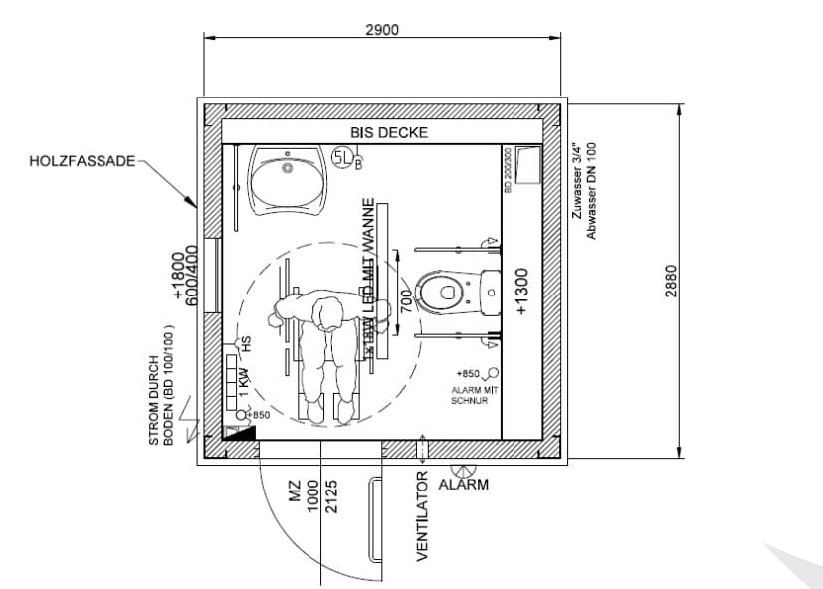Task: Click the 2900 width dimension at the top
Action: click(x=382, y=29)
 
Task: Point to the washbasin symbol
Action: click(x=288, y=181)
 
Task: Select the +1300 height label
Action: click(x=522, y=292)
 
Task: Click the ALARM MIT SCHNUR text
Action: click(x=474, y=396)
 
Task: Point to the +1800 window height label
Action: click(x=179, y=276)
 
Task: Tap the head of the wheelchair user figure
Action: click(x=328, y=315)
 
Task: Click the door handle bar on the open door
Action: click(x=375, y=516)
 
